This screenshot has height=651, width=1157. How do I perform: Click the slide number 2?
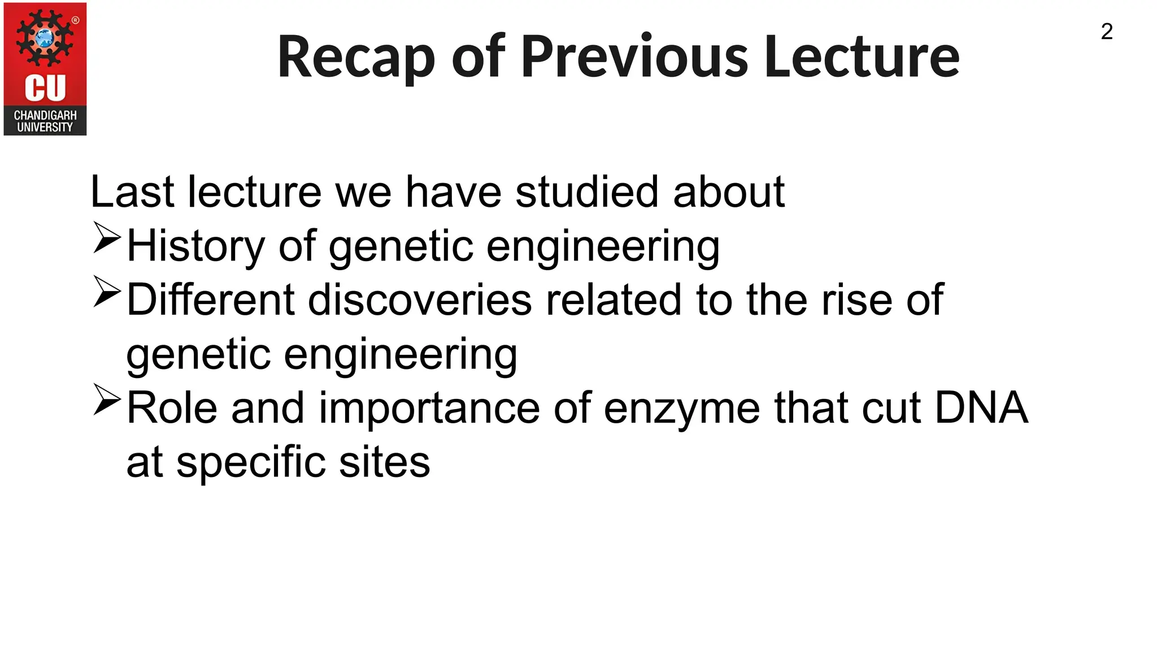(x=1107, y=32)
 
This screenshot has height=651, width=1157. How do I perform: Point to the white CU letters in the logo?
(x=45, y=88)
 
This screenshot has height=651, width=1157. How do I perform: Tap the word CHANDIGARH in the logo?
(x=45, y=115)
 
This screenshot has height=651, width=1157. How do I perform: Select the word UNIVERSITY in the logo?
(x=45, y=127)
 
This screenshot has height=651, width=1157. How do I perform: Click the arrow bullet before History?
(x=107, y=237)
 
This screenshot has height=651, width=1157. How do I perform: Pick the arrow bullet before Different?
(x=107, y=292)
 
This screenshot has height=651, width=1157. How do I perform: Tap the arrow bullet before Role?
(x=107, y=400)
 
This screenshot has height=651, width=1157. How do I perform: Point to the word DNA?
(x=981, y=407)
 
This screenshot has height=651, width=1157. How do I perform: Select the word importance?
(x=429, y=409)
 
